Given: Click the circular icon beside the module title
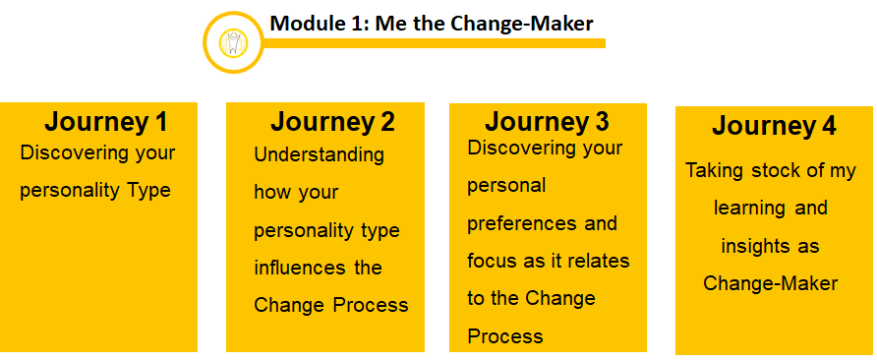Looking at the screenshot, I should click(x=233, y=42).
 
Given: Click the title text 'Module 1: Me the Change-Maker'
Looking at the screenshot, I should click(x=432, y=23).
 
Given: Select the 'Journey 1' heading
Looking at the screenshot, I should click(x=105, y=122).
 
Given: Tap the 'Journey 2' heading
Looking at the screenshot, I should click(x=332, y=122).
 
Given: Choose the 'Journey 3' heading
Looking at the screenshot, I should click(x=547, y=122).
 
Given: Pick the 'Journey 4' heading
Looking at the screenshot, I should click(x=774, y=126).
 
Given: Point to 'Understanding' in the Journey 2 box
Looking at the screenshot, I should click(x=320, y=154).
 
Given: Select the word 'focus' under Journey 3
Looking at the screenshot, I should click(x=491, y=261).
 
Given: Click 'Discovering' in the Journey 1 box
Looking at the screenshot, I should click(x=76, y=153).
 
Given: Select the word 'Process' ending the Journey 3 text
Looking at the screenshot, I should click(x=505, y=336).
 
